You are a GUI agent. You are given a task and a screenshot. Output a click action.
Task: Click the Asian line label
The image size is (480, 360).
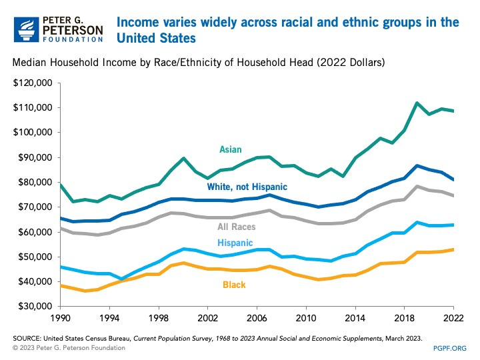(230, 149)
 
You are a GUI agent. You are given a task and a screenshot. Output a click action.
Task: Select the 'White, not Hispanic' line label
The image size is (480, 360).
(246, 187)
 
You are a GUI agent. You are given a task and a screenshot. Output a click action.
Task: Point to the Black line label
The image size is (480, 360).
(233, 285)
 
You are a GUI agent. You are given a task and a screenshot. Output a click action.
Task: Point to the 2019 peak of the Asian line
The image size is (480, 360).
(417, 103)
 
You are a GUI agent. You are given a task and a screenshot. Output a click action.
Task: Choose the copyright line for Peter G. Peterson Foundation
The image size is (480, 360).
(70, 347)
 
